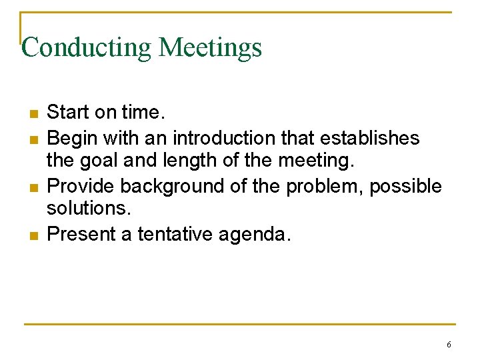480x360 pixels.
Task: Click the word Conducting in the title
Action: (x=87, y=48)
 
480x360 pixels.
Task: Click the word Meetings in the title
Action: (x=211, y=48)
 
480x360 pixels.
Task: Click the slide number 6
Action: (x=449, y=345)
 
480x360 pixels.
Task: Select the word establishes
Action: (x=370, y=137)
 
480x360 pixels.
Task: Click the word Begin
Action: (x=69, y=138)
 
